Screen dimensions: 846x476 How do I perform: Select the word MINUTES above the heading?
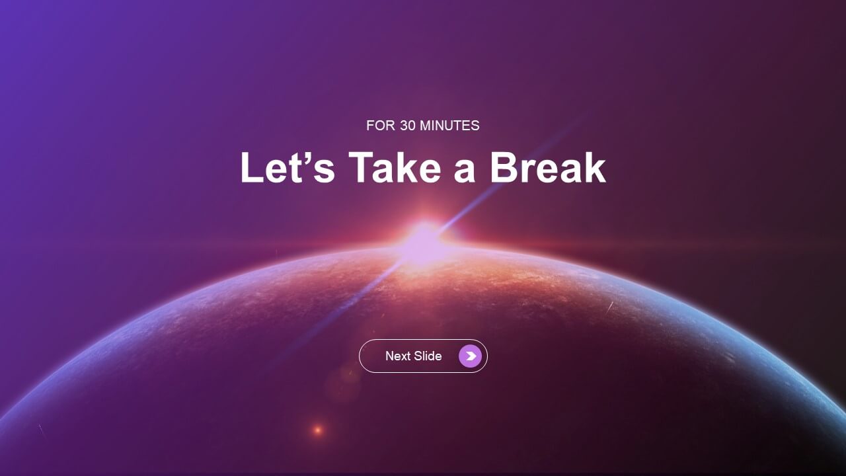click(449, 126)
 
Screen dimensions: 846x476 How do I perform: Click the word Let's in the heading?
click(288, 167)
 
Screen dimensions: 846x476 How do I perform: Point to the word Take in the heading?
click(395, 167)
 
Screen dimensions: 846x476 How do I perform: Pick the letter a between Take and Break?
click(464, 172)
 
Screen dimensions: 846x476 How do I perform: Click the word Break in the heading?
click(548, 167)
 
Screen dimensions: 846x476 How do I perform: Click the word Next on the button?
click(398, 356)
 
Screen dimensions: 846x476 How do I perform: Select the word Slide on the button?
click(428, 356)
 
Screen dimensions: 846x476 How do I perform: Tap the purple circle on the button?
click(470, 356)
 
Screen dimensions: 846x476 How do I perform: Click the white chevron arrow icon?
click(471, 356)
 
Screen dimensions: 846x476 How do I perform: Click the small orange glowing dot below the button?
click(318, 430)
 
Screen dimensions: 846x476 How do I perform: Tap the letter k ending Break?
click(594, 167)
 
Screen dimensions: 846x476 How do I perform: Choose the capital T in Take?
click(362, 167)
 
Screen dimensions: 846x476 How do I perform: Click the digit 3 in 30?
click(404, 126)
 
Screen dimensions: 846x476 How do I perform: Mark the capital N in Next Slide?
click(390, 356)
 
